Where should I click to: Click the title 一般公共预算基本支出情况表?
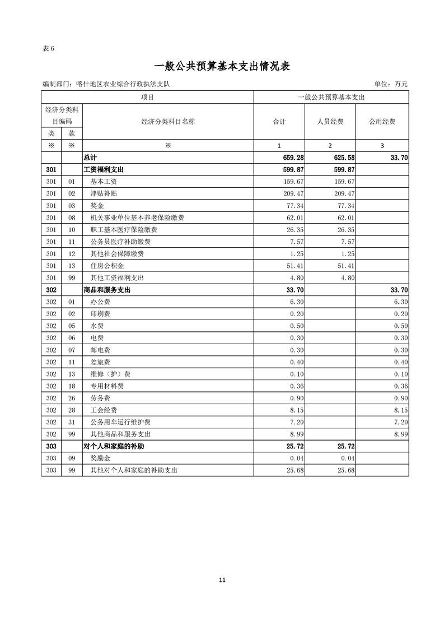pyautogui.click(x=221, y=66)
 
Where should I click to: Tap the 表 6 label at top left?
pyautogui.click(x=48, y=48)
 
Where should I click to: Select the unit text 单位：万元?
pyautogui.click(x=390, y=84)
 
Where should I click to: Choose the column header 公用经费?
pyautogui.click(x=382, y=121)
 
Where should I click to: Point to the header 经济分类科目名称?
pyautogui.click(x=168, y=121)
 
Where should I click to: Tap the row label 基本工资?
pyautogui.click(x=104, y=182)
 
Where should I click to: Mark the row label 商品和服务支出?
pyautogui.click(x=107, y=290)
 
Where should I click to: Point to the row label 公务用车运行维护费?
pyautogui.click(x=120, y=422)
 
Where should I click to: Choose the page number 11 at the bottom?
pyautogui.click(x=222, y=580)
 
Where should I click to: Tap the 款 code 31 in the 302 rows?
pyautogui.click(x=71, y=422)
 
